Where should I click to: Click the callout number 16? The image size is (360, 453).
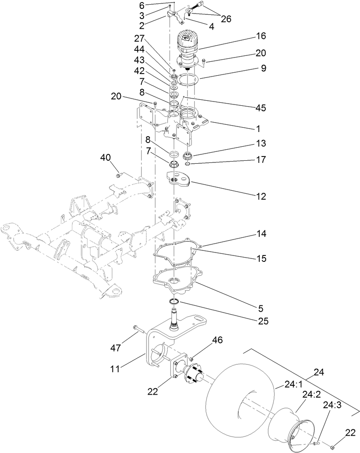(261, 36)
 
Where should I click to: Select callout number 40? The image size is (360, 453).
(105, 157)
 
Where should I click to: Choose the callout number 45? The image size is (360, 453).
(261, 108)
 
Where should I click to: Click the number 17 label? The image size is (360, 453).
(261, 160)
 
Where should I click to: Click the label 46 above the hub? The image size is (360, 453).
(217, 340)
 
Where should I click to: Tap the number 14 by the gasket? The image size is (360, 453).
(261, 233)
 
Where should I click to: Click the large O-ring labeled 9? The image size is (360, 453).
(187, 80)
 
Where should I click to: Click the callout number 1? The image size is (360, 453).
(261, 128)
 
